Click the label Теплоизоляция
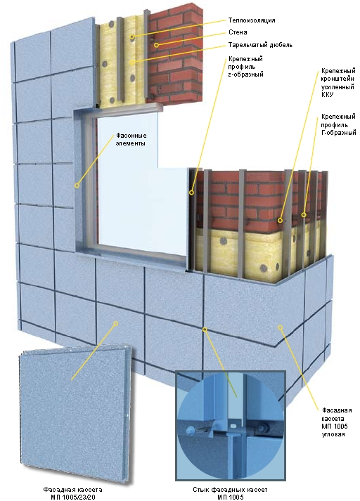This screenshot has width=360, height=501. (x=252, y=20)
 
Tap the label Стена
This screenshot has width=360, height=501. (x=238, y=32)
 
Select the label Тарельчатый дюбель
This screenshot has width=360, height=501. (x=260, y=45)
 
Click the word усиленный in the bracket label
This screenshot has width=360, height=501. (x=337, y=86)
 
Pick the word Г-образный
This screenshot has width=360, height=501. (x=339, y=133)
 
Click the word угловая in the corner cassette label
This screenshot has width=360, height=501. (x=333, y=434)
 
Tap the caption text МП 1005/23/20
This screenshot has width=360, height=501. (x=73, y=497)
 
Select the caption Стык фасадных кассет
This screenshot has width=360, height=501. (x=230, y=490)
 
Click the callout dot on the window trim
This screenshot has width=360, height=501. (x=77, y=186)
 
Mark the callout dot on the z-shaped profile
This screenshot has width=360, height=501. (x=191, y=193)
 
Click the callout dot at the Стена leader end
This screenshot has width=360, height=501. (x=156, y=45)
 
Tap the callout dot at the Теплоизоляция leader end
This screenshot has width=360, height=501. (x=132, y=37)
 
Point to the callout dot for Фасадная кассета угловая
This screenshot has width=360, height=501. (x=280, y=327)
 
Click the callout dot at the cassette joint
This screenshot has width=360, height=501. (x=205, y=329)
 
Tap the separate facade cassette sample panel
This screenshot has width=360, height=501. (x=75, y=414)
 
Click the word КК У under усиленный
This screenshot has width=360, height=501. (x=327, y=95)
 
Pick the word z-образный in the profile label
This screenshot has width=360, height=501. (x=245, y=74)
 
